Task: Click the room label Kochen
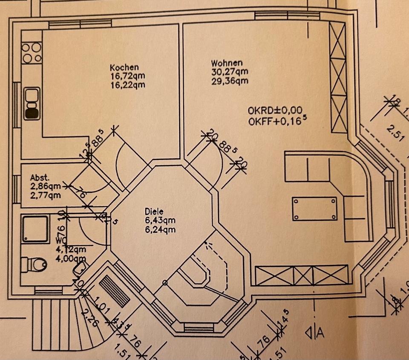(x=124, y=67)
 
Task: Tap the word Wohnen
(x=227, y=63)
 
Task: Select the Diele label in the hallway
(x=153, y=211)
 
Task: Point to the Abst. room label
(x=40, y=178)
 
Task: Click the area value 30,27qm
(x=230, y=72)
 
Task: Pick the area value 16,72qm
(x=127, y=76)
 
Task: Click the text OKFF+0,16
(x=275, y=121)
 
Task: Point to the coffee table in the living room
(x=315, y=209)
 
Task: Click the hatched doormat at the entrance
(x=114, y=290)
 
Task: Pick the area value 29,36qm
(x=230, y=81)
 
